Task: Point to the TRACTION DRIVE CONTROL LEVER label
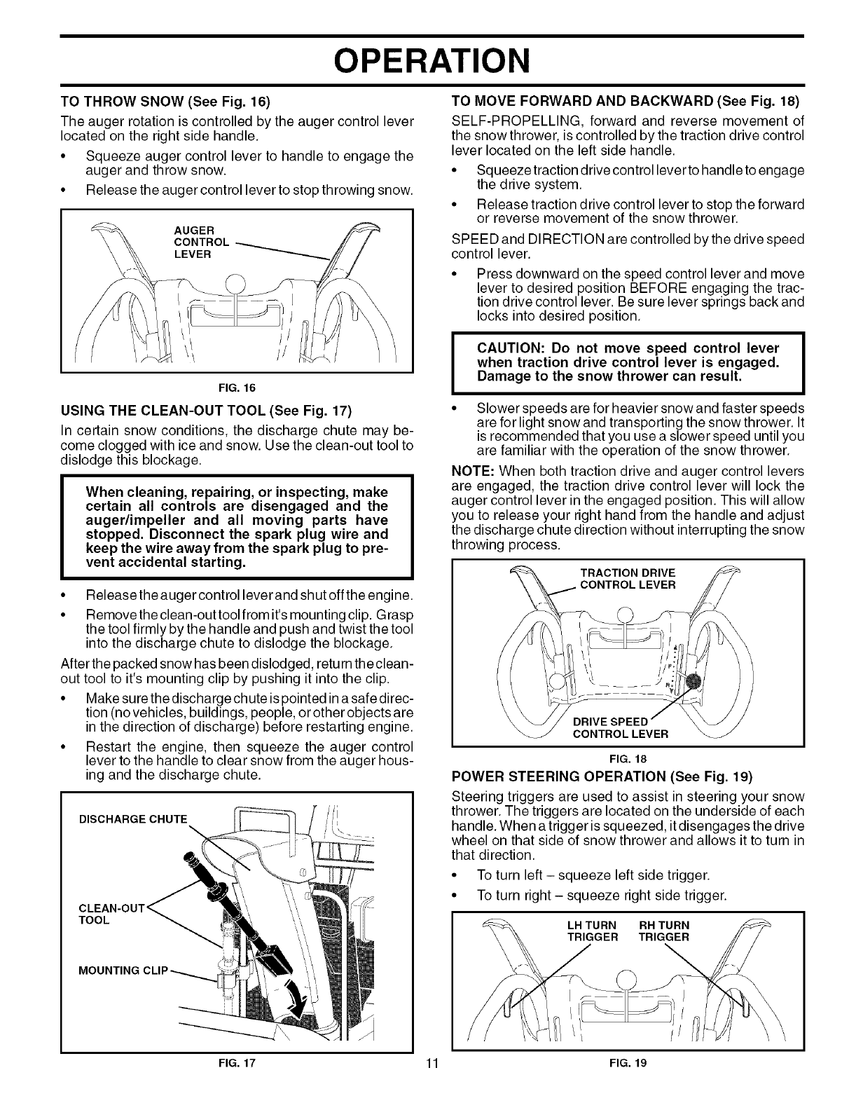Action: point(623,579)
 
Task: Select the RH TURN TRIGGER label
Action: point(663,931)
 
